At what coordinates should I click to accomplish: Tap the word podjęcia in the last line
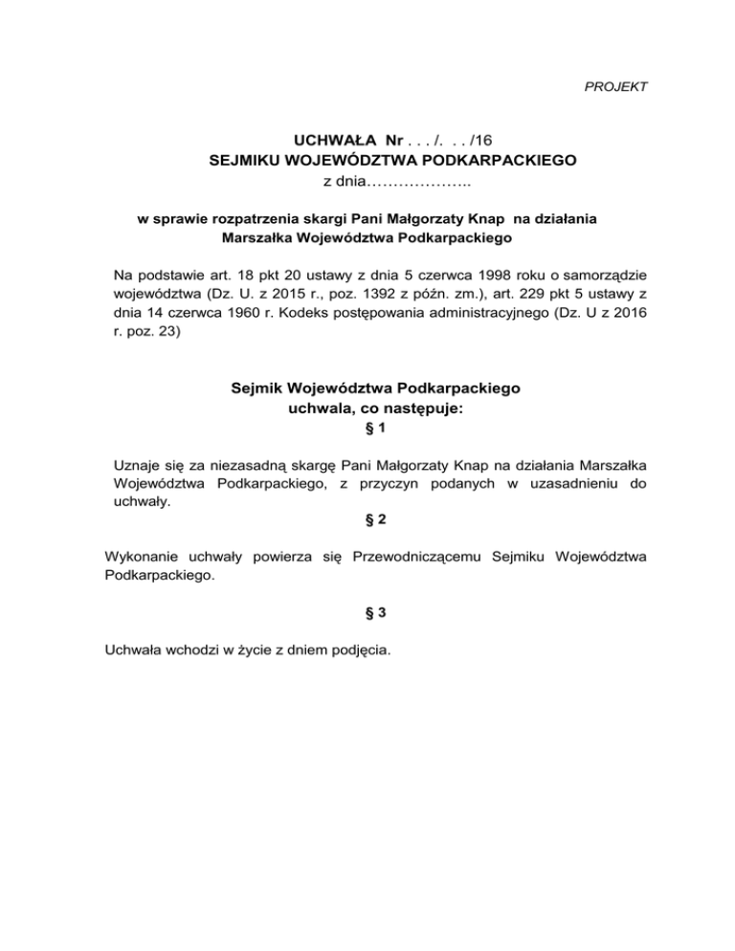tap(358, 650)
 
